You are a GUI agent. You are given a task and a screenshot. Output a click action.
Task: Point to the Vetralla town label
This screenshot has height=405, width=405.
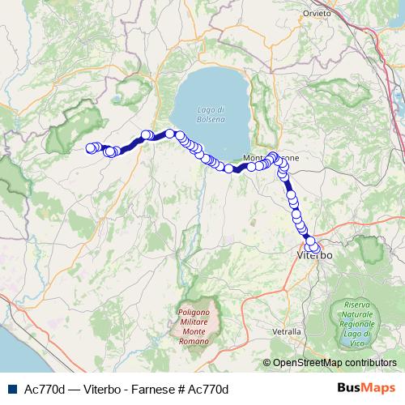click(287, 332)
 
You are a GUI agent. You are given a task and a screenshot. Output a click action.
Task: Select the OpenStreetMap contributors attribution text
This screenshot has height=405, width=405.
click(335, 363)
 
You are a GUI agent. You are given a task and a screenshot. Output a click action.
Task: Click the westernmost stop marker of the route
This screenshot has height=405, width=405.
click(91, 147)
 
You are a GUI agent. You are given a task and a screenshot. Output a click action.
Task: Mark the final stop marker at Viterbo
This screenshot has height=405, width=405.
click(315, 248)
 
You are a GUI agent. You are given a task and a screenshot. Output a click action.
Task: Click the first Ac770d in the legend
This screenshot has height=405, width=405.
click(47, 390)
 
